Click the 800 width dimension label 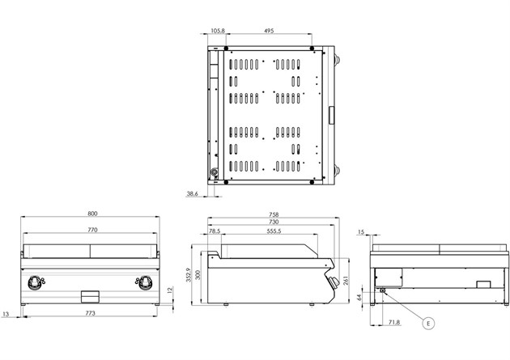pos(92,214)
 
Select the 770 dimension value pos(92,230)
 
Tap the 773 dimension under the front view pos(90,313)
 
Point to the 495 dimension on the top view pos(269,31)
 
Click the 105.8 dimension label pos(218,31)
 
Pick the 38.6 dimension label pos(192,193)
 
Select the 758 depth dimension pos(274,214)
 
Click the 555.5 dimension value pos(274,231)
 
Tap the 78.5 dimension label pos(215,231)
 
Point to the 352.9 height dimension pos(189,275)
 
